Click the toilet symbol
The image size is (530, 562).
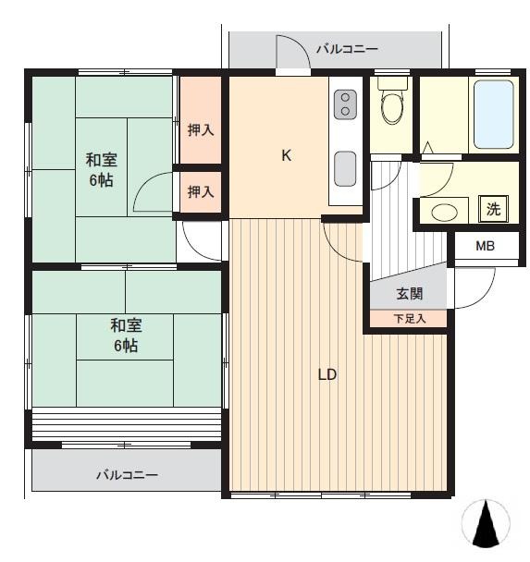click(x=393, y=105)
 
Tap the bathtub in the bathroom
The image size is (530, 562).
click(x=493, y=115)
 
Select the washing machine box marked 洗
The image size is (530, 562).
click(x=494, y=209)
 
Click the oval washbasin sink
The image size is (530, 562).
click(x=445, y=212)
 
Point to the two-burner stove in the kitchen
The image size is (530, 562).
click(x=344, y=104)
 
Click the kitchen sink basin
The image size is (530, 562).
click(x=345, y=169)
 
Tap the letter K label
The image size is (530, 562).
click(x=287, y=155)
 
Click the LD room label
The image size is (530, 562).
click(x=327, y=375)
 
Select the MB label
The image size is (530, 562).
click(x=485, y=247)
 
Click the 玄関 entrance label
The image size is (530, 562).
click(x=410, y=294)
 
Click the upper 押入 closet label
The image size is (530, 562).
click(x=201, y=130)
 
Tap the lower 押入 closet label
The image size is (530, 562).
click(x=201, y=191)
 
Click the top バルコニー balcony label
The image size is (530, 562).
click(x=347, y=48)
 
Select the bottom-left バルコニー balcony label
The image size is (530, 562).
click(x=128, y=475)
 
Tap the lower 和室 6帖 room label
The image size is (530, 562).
click(x=127, y=336)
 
